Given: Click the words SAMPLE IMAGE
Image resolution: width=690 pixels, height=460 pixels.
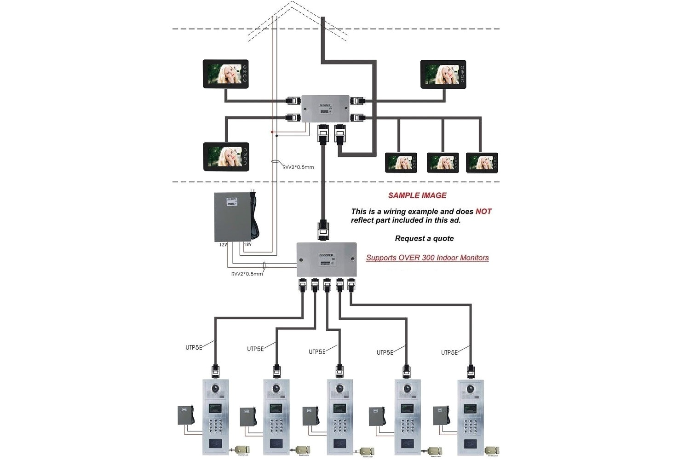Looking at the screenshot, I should tap(417, 195).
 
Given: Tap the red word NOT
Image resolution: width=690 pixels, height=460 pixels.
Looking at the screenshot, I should tap(483, 212).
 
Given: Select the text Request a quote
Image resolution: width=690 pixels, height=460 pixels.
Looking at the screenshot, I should tap(424, 238).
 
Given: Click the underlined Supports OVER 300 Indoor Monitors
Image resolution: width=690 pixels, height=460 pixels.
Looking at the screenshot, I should tap(427, 258).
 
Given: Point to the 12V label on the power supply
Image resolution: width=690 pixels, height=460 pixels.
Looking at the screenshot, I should tap(223, 245).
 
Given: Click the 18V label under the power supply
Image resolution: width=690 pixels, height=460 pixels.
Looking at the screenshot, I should tap(247, 244).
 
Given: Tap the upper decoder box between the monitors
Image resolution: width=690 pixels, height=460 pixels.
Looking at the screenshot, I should tap(325, 109).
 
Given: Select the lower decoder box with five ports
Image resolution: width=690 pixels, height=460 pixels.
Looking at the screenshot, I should tap(326, 259).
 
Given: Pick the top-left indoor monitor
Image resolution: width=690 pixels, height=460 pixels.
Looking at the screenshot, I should tap(225, 74).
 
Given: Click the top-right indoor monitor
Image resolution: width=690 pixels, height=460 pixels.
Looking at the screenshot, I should tap(443, 74).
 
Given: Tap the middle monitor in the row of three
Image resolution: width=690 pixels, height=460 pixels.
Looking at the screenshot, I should tap(443, 163).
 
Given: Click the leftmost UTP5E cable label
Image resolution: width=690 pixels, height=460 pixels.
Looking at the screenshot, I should tap(194, 347).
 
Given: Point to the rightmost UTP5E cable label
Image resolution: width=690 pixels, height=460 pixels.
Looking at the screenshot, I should tap(449, 352).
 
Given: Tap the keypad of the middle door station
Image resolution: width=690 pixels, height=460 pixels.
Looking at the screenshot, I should tap(339, 427).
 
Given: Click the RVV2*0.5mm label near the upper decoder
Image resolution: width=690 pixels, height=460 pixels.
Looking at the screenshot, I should tap(298, 167).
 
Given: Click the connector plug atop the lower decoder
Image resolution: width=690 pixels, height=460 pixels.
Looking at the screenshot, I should tap(323, 230).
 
